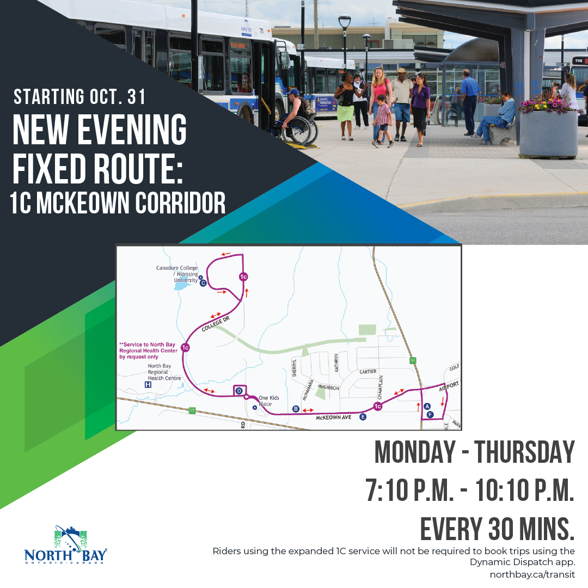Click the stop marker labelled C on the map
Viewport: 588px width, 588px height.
[x=203, y=283]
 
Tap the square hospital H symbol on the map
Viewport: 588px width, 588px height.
[x=148, y=384]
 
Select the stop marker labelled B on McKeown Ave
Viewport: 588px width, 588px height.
[x=296, y=409]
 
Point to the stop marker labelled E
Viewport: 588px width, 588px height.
[x=363, y=417]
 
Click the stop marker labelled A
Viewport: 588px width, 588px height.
[x=427, y=406]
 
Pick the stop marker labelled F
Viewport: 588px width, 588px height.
[x=430, y=415]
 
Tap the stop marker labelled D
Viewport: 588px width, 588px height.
[x=239, y=391]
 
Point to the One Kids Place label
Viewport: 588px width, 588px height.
[x=268, y=401]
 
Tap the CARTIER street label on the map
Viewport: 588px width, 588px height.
[x=367, y=372]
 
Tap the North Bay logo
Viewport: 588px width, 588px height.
[x=66, y=547]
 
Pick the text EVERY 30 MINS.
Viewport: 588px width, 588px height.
[x=498, y=528]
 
